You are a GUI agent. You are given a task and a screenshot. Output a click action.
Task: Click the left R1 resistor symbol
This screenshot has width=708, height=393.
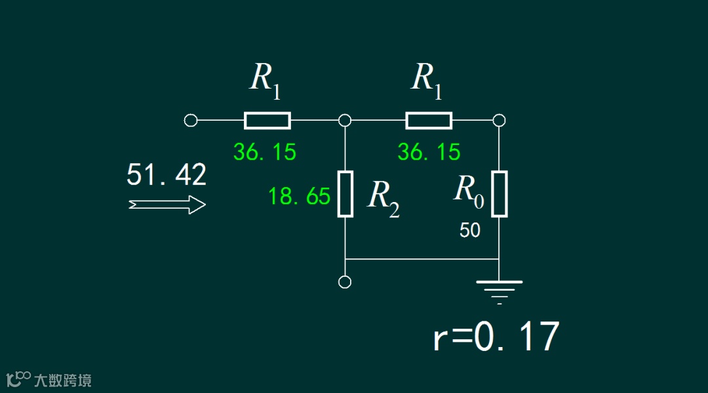coord(267,121)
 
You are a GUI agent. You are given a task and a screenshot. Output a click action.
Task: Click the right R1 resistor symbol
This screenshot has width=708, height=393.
coord(429,121)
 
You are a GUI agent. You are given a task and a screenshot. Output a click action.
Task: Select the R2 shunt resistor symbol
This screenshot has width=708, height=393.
coord(345,194)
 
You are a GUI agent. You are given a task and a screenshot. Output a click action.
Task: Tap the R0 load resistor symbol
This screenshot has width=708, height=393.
coord(500,194)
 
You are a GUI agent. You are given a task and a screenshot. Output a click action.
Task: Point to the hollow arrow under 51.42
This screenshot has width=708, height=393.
coord(168,205)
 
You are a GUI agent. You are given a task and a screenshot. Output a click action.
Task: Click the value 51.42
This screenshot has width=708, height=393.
coord(167,175)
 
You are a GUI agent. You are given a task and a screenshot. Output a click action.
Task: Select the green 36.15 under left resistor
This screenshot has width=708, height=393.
coord(265,152)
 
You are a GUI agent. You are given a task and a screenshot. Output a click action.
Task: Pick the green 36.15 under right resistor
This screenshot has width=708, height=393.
coord(429,152)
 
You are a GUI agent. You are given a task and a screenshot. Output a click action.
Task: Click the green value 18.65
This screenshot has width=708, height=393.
coord(299,196)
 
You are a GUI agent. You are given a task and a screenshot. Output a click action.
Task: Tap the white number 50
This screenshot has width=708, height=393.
coord(469,230)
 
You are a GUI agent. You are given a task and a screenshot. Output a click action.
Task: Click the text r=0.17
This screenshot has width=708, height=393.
coord(496,338)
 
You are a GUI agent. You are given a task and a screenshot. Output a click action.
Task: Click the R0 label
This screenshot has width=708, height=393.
coord(469,191)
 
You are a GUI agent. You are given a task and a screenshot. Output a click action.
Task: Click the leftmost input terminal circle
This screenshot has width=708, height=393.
coord(191,121)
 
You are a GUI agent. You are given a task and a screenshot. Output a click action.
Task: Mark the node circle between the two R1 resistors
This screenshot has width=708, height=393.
coord(345,121)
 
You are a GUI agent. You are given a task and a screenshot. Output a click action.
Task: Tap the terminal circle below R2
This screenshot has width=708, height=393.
coord(345,282)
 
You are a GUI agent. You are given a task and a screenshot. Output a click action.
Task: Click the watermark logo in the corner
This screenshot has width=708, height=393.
coord(49,379)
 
